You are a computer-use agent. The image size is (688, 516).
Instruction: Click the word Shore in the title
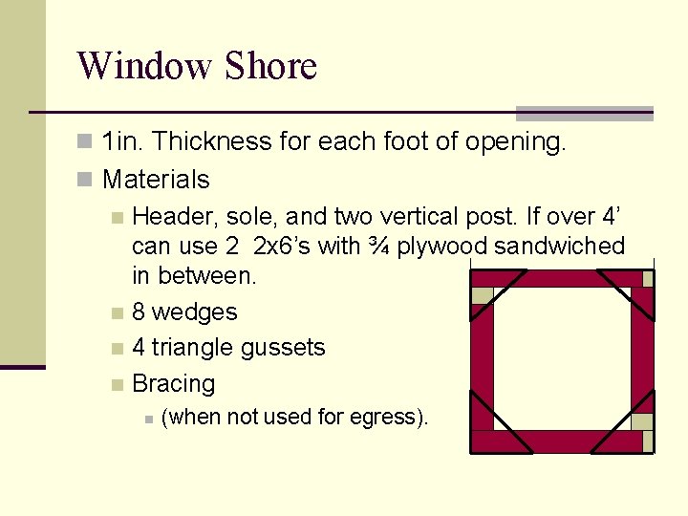270,67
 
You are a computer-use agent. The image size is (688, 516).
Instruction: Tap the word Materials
156,179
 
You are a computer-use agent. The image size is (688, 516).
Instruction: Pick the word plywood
442,246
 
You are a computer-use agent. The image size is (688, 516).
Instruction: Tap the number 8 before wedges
140,312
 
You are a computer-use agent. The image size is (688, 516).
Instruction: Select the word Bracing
173,384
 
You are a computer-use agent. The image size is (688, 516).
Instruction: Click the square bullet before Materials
85,180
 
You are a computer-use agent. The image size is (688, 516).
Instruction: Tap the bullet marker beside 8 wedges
117,312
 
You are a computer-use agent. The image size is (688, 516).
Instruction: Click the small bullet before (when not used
146,418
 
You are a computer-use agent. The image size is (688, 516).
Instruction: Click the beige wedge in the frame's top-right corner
648,278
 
